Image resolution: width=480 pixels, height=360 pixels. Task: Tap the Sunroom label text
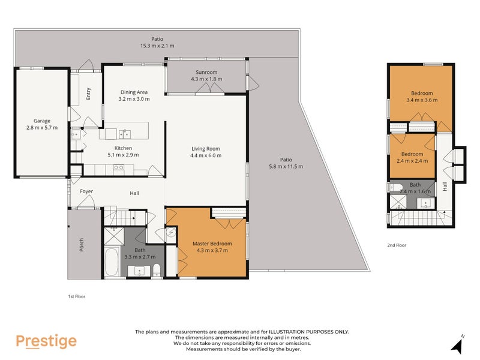(x=206, y=72)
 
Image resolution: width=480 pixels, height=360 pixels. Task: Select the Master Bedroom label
(x=212, y=243)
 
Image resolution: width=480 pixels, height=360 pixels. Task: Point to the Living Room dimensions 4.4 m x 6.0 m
(x=206, y=155)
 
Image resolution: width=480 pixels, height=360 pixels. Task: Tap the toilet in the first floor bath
(x=157, y=268)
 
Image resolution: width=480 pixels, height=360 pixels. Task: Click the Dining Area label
(x=133, y=92)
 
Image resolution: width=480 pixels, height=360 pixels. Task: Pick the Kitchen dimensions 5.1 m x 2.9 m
(x=124, y=155)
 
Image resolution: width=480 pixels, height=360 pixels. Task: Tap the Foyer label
(x=86, y=192)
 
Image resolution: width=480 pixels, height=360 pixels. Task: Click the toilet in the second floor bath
(x=398, y=186)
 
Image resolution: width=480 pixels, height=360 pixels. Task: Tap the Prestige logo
(x=46, y=341)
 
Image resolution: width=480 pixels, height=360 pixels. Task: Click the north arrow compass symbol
(x=458, y=344)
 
